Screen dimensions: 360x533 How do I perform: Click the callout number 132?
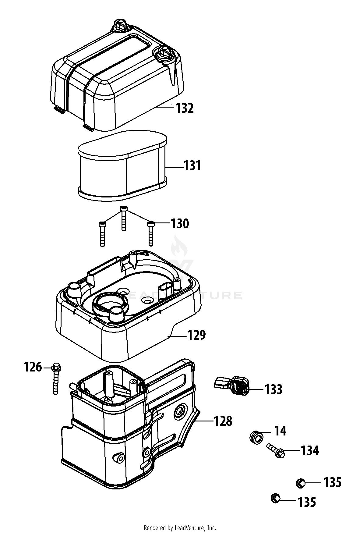(x=185, y=108)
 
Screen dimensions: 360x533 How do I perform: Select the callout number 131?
(x=192, y=166)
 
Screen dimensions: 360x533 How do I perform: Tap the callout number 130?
(x=180, y=224)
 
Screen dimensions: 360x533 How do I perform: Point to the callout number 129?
(x=196, y=335)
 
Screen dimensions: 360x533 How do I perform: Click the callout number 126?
(x=33, y=367)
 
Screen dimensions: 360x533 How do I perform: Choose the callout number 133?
(x=274, y=389)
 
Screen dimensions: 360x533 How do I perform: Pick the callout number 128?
(x=223, y=421)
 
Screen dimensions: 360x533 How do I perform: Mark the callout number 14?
(x=280, y=431)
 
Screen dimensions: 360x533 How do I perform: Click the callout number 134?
(x=310, y=450)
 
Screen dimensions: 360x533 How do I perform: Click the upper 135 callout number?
(x=332, y=483)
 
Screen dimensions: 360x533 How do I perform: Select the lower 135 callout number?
(x=307, y=502)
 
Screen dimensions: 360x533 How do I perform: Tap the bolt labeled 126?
(x=56, y=379)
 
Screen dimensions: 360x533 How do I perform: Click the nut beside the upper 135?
(x=301, y=483)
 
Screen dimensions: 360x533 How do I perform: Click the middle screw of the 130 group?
(x=123, y=219)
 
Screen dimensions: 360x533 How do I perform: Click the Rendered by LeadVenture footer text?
(x=180, y=528)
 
